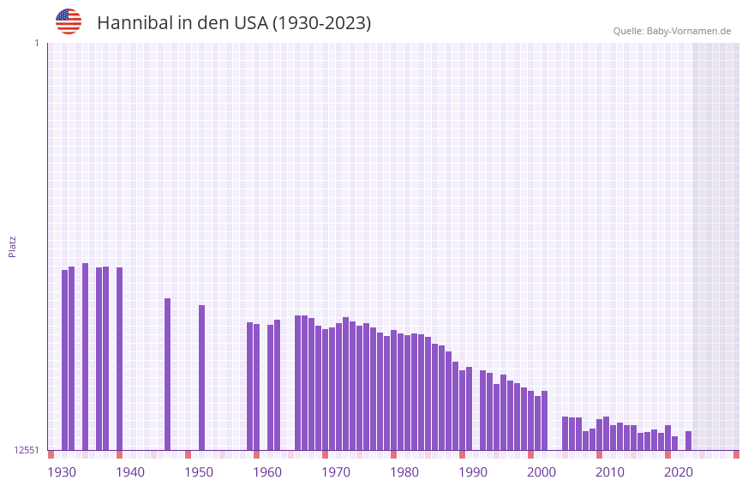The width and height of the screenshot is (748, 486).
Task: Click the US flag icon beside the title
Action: pyautogui.click(x=69, y=21)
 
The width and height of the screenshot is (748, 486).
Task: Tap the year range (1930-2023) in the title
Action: pyautogui.click(x=321, y=23)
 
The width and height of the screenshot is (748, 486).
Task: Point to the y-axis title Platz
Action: pyautogui.click(x=12, y=246)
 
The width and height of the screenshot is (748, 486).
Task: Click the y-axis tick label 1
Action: pyautogui.click(x=36, y=43)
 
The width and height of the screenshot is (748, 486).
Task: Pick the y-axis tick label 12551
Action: pyautogui.click(x=26, y=450)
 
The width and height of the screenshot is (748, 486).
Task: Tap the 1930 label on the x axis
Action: pyautogui.click(x=62, y=472)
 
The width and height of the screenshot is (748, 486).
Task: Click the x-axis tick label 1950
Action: pyautogui.click(x=199, y=472)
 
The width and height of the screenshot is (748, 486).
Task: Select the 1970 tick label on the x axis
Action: pyautogui.click(x=336, y=472)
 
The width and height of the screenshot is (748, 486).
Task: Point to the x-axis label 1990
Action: pyautogui.click(x=473, y=472)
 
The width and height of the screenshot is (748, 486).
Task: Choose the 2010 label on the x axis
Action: pyautogui.click(x=610, y=472)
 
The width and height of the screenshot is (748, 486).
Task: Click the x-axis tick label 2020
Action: pyautogui.click(x=679, y=472)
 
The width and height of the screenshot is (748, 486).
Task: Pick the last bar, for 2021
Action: pyautogui.click(x=688, y=441)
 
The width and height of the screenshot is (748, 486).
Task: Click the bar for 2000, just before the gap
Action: pyautogui.click(x=544, y=420)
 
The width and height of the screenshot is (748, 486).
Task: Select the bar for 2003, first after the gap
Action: pyautogui.click(x=565, y=433)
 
